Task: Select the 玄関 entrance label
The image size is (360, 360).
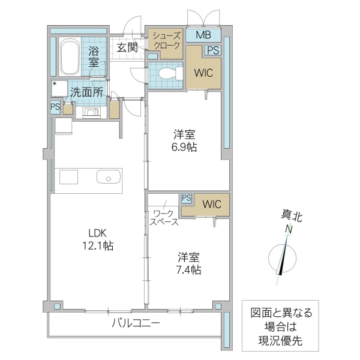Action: pos(127,47)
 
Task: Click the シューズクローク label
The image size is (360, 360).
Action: pos(165,41)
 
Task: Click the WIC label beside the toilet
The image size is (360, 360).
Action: pos(203,74)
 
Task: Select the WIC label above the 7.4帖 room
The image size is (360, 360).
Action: pos(211,204)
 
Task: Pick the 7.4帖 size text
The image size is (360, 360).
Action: pos(188,270)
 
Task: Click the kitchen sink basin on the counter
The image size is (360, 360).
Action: pos(109,178)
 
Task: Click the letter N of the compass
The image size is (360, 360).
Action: pos(289,230)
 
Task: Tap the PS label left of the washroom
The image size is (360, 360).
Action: pos(55,107)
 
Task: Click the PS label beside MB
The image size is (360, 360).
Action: pos(212,51)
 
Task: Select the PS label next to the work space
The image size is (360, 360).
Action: pos(186,197)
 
